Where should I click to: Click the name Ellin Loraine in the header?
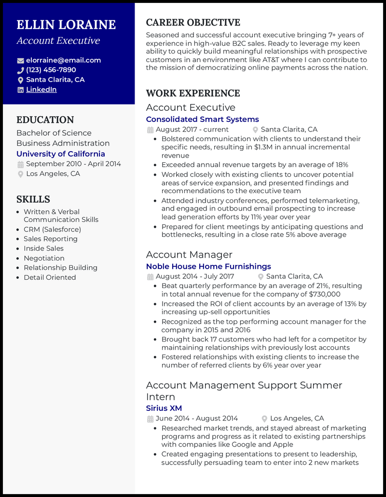tap(66, 25)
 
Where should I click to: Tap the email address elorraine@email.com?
tap(63, 60)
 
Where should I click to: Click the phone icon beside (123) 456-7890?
tap(20, 70)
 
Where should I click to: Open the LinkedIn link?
tap(41, 90)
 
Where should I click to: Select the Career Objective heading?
tap(193, 23)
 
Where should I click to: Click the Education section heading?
tap(45, 120)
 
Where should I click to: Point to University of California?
tap(60, 154)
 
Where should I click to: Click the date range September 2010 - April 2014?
tap(73, 164)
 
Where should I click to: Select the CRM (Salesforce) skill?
tap(52, 229)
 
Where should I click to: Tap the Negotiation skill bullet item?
tap(44, 258)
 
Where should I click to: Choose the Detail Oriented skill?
tap(50, 277)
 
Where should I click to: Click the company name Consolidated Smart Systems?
tap(202, 119)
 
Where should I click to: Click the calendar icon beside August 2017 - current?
tap(150, 130)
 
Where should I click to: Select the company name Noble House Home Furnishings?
tap(208, 266)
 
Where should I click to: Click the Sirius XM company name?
tap(164, 408)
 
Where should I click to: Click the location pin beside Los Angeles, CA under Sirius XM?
tap(264, 419)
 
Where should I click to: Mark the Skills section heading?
tap(33, 199)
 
